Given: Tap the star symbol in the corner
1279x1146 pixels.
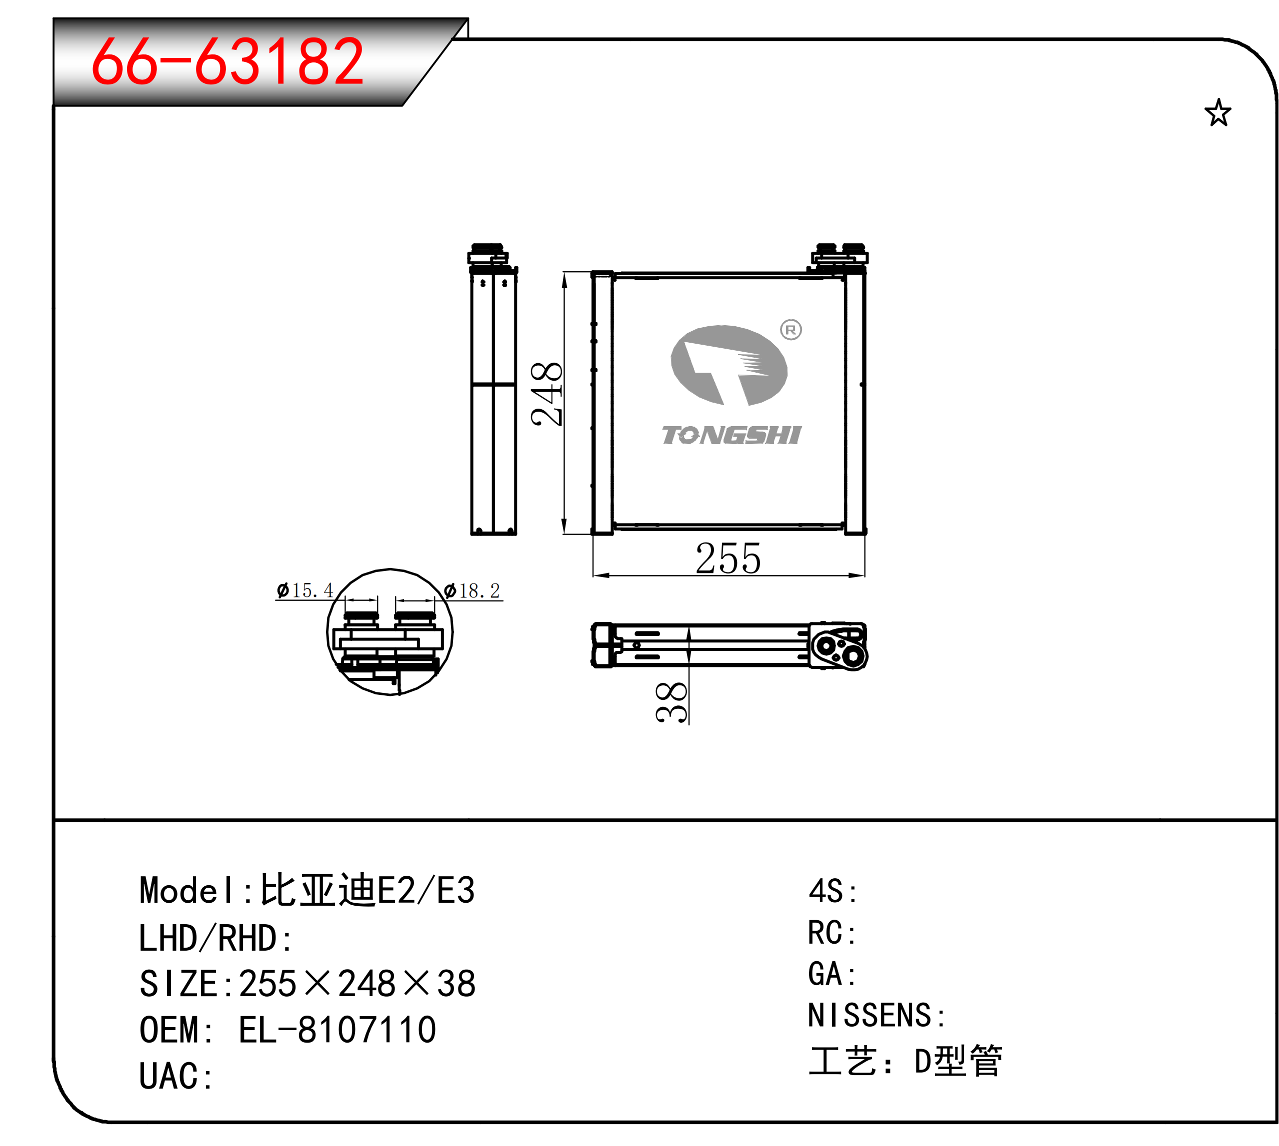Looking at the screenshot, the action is (x=1217, y=113).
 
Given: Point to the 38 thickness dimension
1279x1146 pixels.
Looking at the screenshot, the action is (x=671, y=702).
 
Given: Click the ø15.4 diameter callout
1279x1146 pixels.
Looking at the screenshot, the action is (x=304, y=590).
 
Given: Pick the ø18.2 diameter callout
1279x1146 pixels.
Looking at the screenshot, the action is (x=472, y=590).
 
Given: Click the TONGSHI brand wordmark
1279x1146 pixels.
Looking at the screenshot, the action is (x=731, y=435).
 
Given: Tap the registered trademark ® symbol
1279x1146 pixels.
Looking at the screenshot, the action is (x=790, y=329).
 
